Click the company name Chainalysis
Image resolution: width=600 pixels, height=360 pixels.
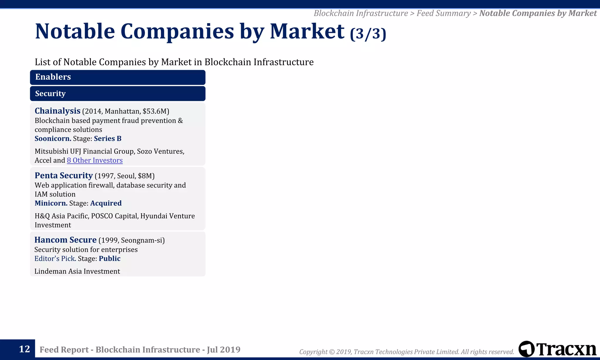click(57, 111)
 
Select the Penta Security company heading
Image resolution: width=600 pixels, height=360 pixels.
click(64, 175)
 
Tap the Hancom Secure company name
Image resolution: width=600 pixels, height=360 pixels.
click(65, 240)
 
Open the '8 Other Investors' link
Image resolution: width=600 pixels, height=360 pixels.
click(95, 160)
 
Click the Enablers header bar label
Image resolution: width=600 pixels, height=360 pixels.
click(53, 77)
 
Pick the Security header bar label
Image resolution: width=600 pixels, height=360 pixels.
click(50, 94)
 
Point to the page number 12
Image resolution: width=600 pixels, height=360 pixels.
click(24, 349)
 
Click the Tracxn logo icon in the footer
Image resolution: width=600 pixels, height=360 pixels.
click(526, 349)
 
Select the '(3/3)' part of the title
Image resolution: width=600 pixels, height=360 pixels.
click(368, 34)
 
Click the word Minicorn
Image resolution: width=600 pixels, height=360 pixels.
click(51, 203)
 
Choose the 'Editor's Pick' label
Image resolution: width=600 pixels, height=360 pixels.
click(55, 259)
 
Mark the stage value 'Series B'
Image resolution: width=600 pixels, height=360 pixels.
click(108, 139)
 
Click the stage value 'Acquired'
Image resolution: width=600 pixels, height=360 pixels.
click(106, 203)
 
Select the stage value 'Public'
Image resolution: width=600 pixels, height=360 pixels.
click(110, 259)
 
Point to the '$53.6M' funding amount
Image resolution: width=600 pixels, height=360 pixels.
click(154, 111)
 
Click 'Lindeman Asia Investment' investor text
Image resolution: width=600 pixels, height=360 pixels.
click(77, 271)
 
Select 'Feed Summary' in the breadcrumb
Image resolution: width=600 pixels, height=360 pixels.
click(444, 13)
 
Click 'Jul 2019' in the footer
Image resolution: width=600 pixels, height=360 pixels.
click(224, 349)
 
